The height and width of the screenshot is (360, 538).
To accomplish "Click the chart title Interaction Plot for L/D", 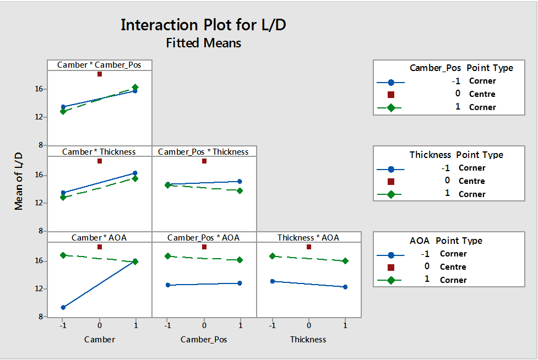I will [203, 25].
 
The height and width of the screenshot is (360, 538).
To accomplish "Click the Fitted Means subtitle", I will [203, 42].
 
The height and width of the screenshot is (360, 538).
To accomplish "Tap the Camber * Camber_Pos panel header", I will [99, 65].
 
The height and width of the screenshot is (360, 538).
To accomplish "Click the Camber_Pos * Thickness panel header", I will [203, 151].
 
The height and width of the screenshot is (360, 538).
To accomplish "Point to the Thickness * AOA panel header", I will [308, 237].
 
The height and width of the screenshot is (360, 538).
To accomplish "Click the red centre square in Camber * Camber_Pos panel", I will [100, 74].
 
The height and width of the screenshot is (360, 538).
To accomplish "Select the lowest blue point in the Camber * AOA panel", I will [63, 307].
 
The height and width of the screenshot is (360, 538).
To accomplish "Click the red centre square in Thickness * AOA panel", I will [309, 247].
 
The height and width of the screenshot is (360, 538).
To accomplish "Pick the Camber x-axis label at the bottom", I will [100, 340].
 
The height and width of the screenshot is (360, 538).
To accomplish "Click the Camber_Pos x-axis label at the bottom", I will [204, 340].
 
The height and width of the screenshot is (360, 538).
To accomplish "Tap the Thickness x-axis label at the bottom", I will [308, 340].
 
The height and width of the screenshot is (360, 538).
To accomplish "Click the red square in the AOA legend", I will [391, 267].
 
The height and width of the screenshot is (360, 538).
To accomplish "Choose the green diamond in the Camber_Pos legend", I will [391, 107].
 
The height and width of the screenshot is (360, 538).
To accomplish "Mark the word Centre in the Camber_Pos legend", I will [482, 94].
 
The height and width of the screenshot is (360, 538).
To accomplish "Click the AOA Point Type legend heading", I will [446, 241].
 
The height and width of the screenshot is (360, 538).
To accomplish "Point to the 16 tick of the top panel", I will [39, 89].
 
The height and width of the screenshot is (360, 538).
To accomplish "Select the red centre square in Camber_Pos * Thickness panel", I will [204, 161].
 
